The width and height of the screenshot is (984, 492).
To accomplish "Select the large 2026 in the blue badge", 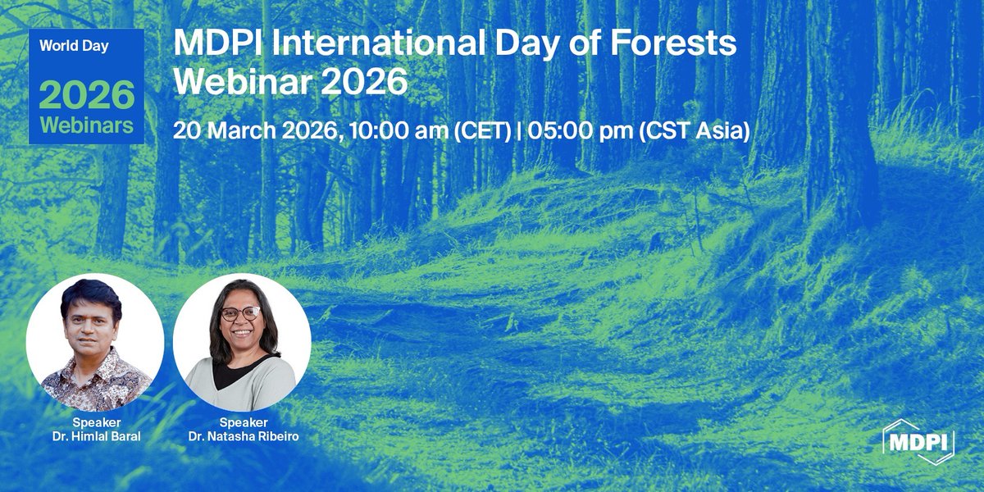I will coord(86,96).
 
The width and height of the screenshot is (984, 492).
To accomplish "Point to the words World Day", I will coord(74,46).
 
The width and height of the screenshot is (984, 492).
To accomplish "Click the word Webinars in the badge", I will coord(86,126).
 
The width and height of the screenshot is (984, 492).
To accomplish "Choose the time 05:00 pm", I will coord(579,130).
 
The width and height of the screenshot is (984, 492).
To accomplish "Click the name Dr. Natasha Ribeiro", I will coord(244,437).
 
